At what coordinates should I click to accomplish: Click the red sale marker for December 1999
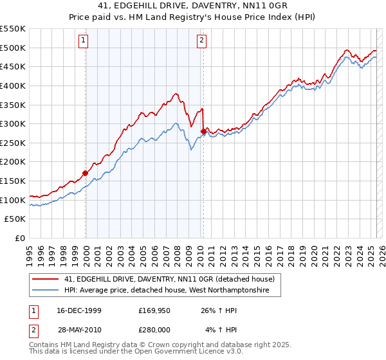coord(86,173)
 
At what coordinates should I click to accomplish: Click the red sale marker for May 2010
coord(203,131)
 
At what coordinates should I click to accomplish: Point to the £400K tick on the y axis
coord(13,85)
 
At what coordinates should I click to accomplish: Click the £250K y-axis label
coord(13,143)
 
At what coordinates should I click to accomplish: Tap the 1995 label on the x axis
coord(30,252)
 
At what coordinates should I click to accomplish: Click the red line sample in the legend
coord(46,279)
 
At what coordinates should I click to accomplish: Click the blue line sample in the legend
coord(46,291)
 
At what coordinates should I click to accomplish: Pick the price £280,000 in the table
coord(154,330)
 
